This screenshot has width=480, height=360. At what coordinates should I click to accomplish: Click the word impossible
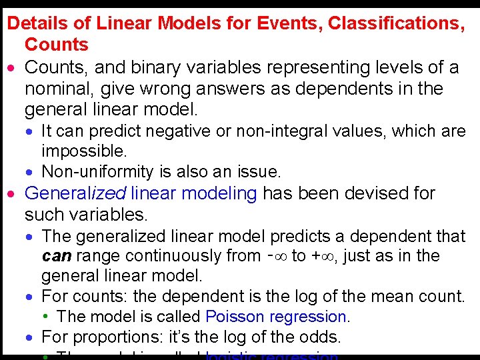point(84,151)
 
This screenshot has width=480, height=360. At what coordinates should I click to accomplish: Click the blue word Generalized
point(75,194)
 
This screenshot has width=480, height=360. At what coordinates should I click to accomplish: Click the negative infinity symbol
point(283,256)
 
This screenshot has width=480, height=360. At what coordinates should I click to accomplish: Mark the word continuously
point(166,256)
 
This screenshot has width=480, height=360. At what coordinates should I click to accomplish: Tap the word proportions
point(109,337)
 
